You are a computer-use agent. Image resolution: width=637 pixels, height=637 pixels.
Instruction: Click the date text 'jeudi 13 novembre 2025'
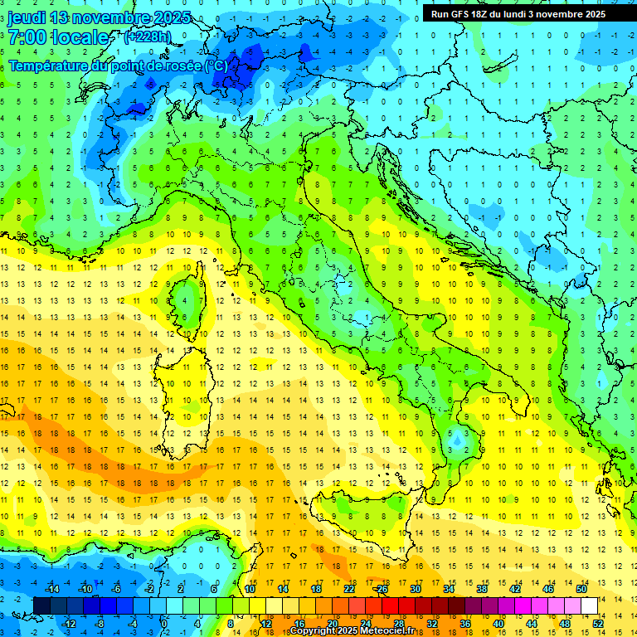(100, 17)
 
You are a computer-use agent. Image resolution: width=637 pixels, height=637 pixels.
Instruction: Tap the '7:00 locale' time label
(58, 37)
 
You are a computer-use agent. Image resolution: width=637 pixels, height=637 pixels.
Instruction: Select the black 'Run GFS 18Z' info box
(518, 13)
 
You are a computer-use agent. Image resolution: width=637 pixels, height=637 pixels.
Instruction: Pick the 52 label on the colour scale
(598, 623)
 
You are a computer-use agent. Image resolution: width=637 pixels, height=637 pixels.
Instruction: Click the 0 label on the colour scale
(164, 623)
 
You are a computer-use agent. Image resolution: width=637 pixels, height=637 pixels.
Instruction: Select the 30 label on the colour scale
(416, 589)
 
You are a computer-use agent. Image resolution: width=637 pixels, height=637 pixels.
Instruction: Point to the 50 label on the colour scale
(581, 589)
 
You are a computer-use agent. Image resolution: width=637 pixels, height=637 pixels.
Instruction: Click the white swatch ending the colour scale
(589, 605)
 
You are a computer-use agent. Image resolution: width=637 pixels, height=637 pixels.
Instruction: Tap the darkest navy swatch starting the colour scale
(41, 605)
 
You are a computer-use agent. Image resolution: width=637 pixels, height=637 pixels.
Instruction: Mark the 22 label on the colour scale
(349, 589)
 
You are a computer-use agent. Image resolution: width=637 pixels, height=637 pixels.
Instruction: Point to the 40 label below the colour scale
(498, 623)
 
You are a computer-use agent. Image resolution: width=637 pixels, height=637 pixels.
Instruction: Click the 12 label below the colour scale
(266, 623)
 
